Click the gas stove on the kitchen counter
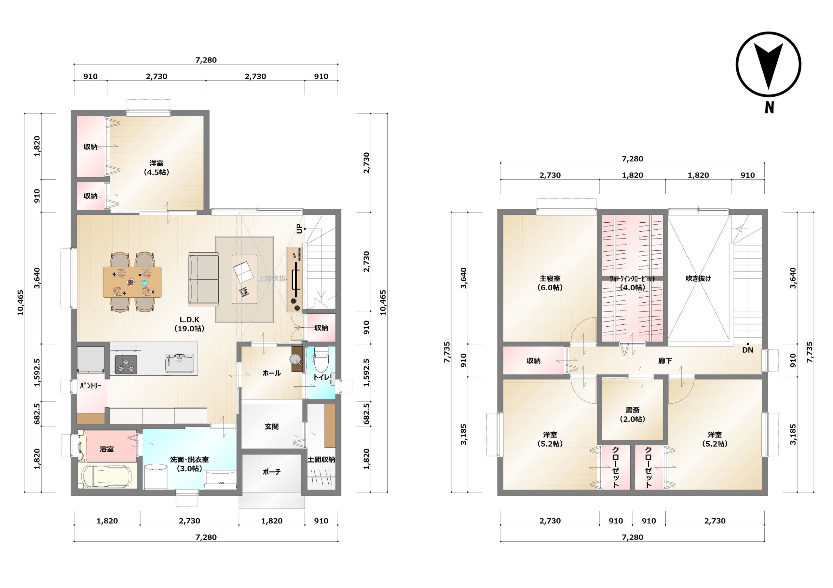pos(126,364)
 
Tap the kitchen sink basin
pos(180,363)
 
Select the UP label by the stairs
pos(299,229)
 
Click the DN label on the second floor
pos(747,350)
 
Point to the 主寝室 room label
pos(550,279)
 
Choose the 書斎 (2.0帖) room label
pos(632,414)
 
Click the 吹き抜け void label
pos(698,279)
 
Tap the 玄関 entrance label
pos(272,427)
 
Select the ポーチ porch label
pos(272,472)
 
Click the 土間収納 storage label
pos(321,460)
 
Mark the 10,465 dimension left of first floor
pos(21,303)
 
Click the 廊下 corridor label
pos(665,361)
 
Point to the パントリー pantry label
pos(90,386)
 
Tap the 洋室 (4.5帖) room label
pos(157,168)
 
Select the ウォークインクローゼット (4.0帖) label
pos(632,283)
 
